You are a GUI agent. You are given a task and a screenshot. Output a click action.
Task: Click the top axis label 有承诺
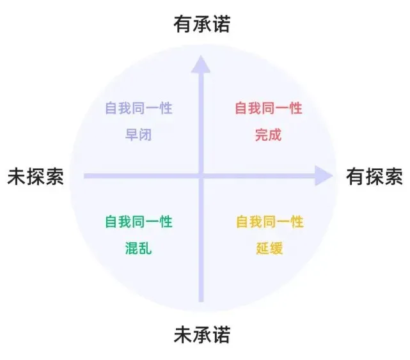coord(201,24)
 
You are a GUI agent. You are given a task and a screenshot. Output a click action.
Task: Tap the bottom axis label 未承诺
coord(201,335)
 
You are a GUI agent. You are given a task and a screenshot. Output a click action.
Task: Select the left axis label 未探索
coord(36,176)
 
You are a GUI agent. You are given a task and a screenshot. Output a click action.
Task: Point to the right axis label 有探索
coord(374,176)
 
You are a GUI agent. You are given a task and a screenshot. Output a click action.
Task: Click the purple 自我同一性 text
coord(139,108)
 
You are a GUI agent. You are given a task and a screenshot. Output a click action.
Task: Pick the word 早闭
coord(139,135)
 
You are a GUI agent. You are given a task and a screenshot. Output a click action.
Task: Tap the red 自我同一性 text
coord(269,108)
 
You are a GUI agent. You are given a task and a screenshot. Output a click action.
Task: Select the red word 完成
coord(269,135)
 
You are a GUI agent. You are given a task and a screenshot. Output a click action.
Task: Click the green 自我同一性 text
coord(139,222)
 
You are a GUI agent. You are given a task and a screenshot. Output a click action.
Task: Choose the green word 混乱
coord(139,249)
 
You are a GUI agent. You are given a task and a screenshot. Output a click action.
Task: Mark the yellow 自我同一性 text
coord(269,222)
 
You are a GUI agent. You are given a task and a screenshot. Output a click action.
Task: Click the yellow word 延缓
coord(269,249)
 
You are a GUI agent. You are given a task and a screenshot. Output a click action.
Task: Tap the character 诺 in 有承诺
coord(221,24)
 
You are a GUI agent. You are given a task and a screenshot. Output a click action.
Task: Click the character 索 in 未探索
coord(55,176)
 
